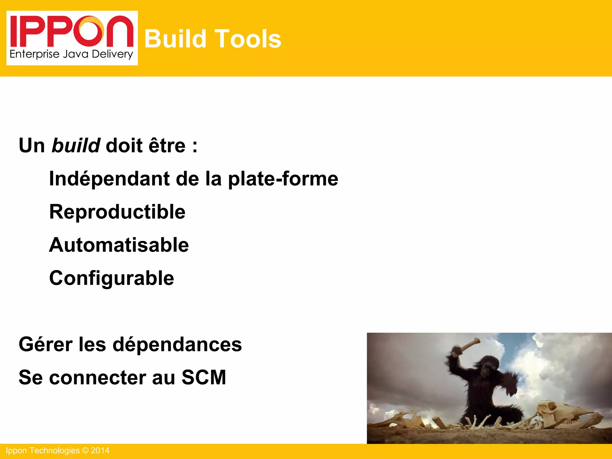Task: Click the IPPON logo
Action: pyautogui.click(x=72, y=38)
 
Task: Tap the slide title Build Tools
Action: pyautogui.click(x=212, y=39)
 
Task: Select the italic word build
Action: pyautogui.click(x=76, y=146)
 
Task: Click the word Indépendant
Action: pyautogui.click(x=109, y=179)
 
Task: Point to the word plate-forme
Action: pyautogui.click(x=283, y=179)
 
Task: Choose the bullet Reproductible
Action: pyautogui.click(x=117, y=212)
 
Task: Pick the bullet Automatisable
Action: pyautogui.click(x=119, y=245)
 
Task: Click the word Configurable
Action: pyautogui.click(x=111, y=278)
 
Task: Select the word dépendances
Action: pyautogui.click(x=177, y=344)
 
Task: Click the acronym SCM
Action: pyautogui.click(x=204, y=377)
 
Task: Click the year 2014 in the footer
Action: pyautogui.click(x=100, y=451)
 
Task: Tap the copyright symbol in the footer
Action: pyautogui.click(x=85, y=451)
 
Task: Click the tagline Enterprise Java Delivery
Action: pyautogui.click(x=71, y=54)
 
